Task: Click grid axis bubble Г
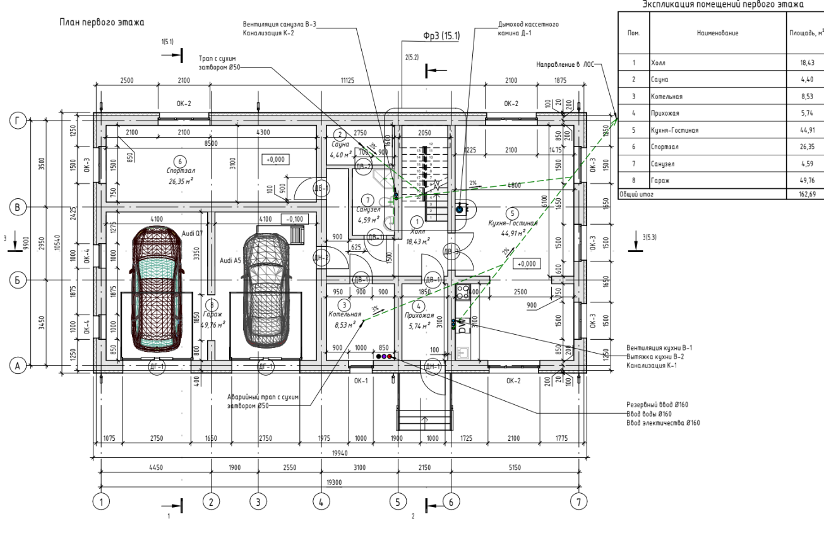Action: click(x=17, y=120)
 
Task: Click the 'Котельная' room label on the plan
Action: click(x=345, y=314)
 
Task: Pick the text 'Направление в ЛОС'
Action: click(x=566, y=64)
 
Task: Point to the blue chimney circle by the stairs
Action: click(x=459, y=208)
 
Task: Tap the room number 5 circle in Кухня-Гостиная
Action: click(x=512, y=214)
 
